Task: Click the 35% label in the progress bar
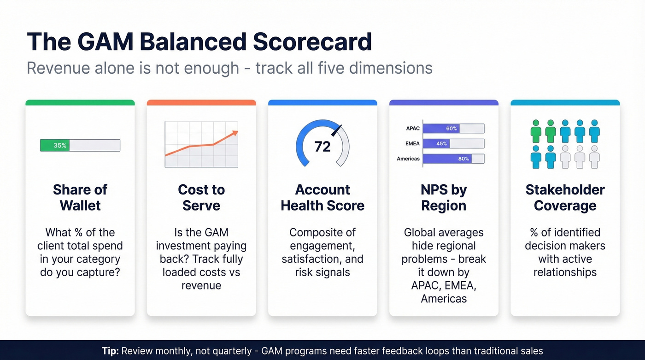60,146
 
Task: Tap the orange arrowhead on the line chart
235,133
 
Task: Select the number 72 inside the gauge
322,147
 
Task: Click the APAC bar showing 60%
453,129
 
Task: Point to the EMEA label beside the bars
412,144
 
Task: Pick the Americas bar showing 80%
453,159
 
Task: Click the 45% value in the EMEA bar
441,144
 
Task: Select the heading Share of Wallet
80,197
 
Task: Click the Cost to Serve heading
201,197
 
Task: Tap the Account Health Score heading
322,197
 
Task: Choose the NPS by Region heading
444,197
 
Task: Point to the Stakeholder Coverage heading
565,197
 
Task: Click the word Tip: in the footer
110,351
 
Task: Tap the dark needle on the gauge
337,130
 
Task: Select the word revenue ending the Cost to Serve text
201,285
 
